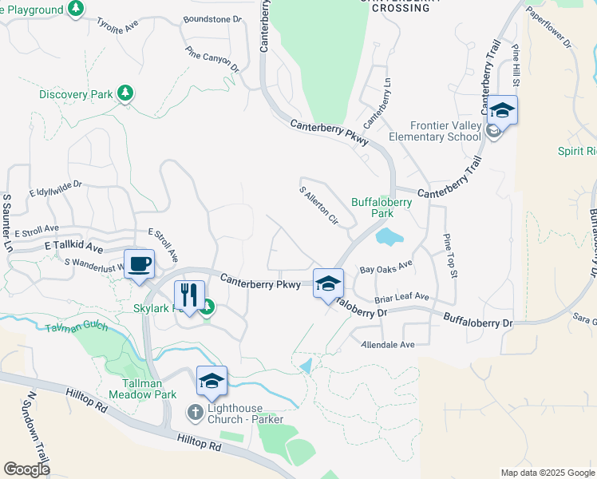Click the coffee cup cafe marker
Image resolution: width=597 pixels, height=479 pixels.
139,263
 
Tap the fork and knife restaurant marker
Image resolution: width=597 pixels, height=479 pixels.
189,295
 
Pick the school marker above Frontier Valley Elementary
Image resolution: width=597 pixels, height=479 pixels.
502,110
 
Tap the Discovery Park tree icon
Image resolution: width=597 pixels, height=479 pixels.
125,94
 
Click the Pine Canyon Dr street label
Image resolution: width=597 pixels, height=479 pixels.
212,58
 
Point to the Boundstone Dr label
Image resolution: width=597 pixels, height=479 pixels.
212,18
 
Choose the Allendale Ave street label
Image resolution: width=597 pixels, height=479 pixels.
389,344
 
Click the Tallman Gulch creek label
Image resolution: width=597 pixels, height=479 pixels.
76,327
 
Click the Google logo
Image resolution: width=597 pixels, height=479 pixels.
26,469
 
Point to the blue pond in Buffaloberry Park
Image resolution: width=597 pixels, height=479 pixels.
386,236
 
